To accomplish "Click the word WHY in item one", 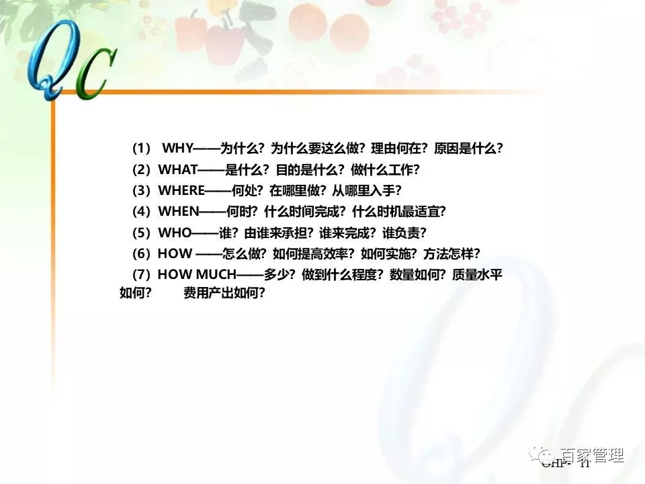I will (178, 149).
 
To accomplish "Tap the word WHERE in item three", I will (181, 190).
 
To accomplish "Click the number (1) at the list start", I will (142, 149).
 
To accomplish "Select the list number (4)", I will (142, 211).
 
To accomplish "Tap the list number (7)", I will (142, 274).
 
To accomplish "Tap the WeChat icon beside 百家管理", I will (543, 455).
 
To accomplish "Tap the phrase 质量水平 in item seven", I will (478, 274).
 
